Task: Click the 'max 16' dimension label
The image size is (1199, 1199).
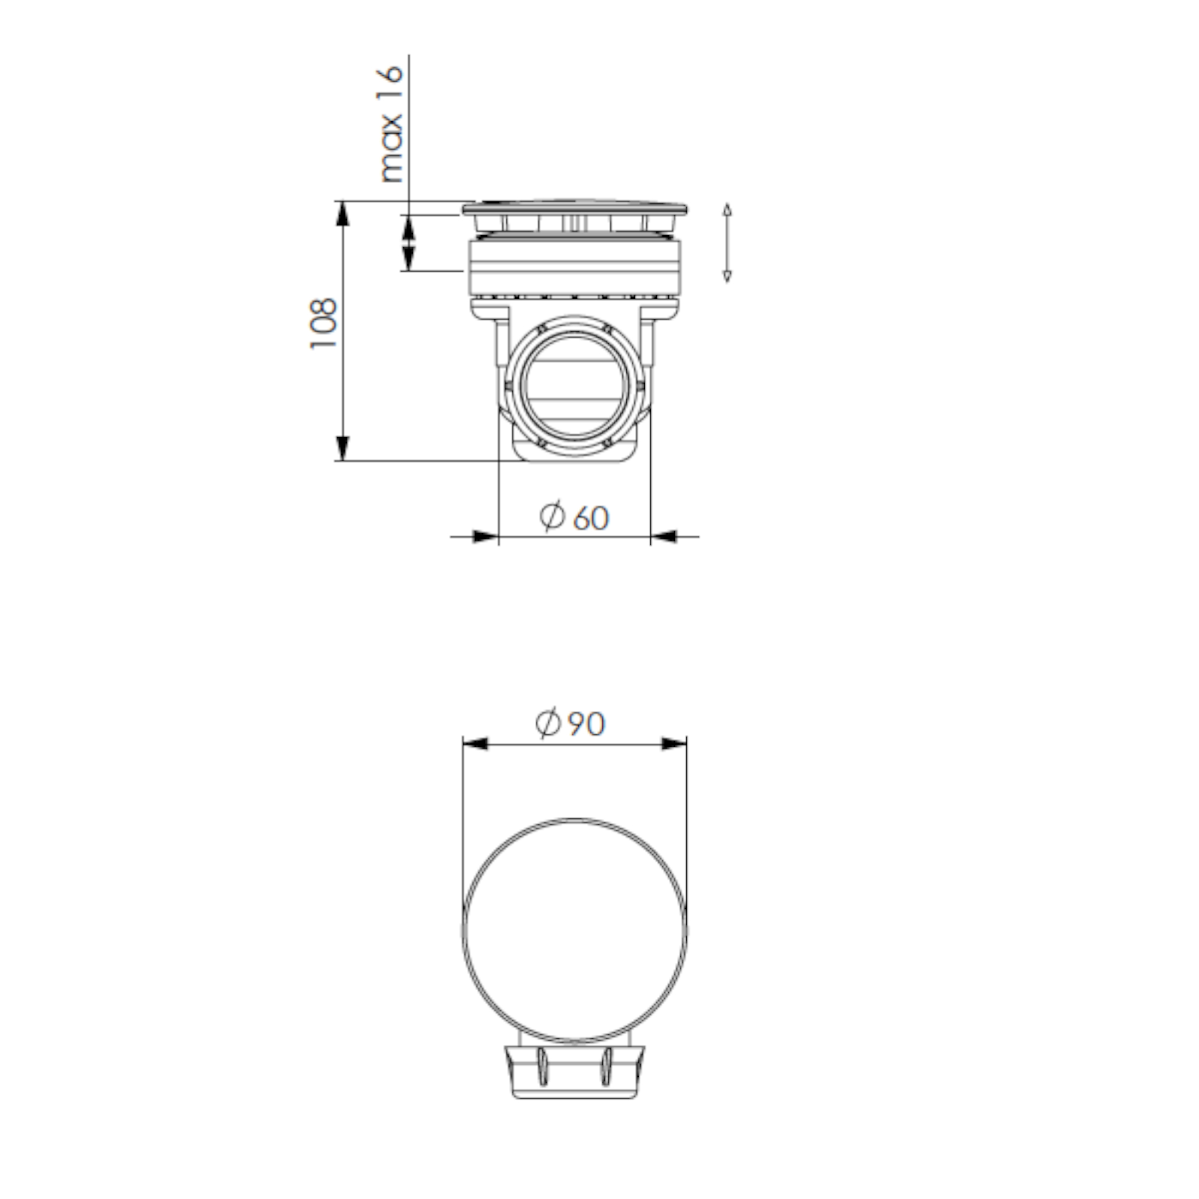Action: [x=391, y=124]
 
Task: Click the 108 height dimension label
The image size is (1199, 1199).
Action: [x=323, y=323]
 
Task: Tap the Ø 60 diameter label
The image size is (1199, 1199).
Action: [x=574, y=516]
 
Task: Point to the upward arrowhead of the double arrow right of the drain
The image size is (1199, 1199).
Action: [x=727, y=209]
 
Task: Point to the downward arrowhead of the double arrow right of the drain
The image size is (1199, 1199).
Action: [x=727, y=276]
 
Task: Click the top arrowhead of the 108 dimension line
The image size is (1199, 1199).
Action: [x=342, y=213]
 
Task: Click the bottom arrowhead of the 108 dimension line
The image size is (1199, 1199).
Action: [x=342, y=448]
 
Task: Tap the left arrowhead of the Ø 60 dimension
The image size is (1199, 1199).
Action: [x=486, y=536]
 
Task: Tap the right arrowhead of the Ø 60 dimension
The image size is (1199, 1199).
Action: [x=664, y=536]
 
